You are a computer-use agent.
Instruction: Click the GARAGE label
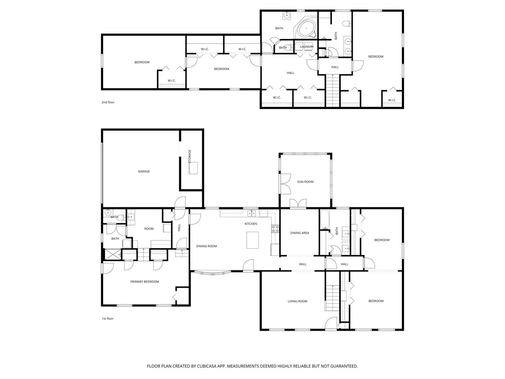tap(144, 171)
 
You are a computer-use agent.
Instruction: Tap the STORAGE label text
tap(189, 156)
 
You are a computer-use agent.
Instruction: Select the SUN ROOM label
tap(305, 182)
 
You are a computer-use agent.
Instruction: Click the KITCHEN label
tap(251, 224)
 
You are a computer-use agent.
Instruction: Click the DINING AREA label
tap(299, 232)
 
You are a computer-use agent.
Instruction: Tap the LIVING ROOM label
tap(297, 301)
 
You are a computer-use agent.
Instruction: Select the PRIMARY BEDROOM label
tap(144, 281)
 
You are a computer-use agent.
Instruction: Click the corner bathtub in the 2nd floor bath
tap(307, 29)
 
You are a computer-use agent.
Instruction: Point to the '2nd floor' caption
tap(108, 102)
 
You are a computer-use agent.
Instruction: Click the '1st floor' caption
tap(108, 318)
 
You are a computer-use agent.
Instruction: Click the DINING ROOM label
tap(206, 246)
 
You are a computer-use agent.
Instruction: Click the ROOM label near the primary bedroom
tap(148, 228)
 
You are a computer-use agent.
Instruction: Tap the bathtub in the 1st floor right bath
tap(325, 220)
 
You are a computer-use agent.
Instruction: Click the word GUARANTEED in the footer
tap(341, 366)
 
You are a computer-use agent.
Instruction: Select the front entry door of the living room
tap(331, 324)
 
